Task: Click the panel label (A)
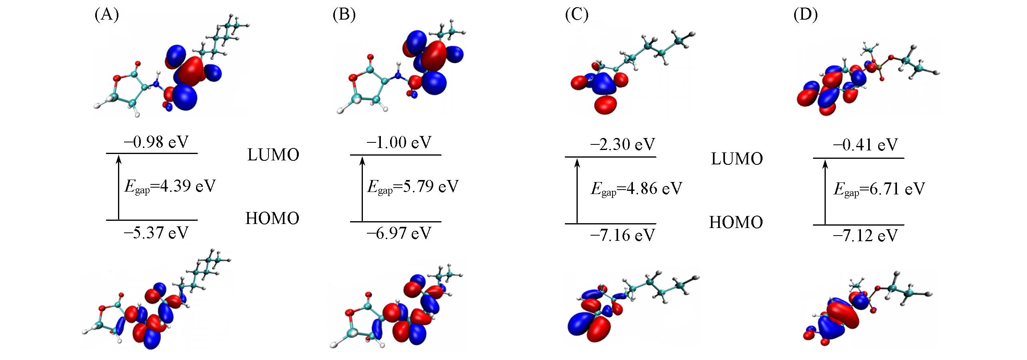(x=107, y=15)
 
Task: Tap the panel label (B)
(x=344, y=15)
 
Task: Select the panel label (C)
(x=577, y=15)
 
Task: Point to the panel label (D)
(x=806, y=15)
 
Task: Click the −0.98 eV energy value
(x=156, y=142)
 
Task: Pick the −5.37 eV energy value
(x=156, y=232)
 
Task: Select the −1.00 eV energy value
(x=399, y=142)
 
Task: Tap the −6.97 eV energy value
(x=399, y=233)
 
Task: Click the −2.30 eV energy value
(x=623, y=144)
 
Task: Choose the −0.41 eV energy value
(x=866, y=145)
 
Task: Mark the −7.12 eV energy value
(x=866, y=236)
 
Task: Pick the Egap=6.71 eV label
(x=879, y=189)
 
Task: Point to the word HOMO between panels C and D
(x=736, y=222)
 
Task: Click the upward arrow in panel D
(x=825, y=192)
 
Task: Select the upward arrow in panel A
(x=118, y=187)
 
